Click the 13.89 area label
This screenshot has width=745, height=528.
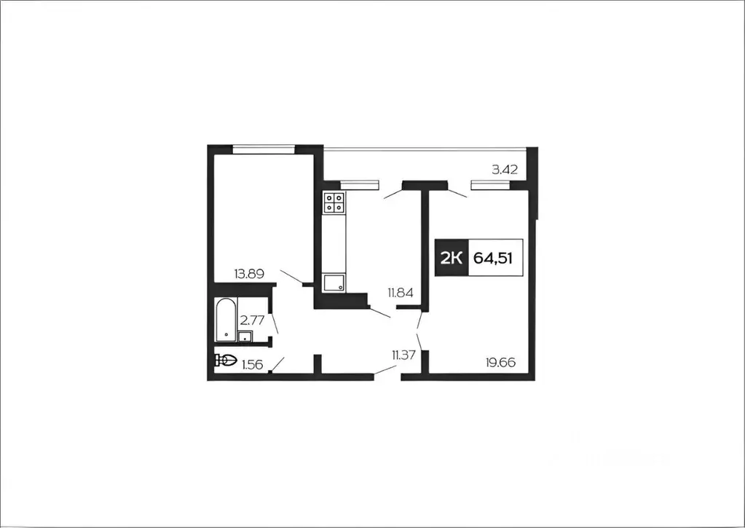tap(250, 274)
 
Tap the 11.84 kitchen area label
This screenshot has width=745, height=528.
tap(400, 293)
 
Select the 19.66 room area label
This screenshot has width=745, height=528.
tap(500, 363)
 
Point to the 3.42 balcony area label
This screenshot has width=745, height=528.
tap(505, 170)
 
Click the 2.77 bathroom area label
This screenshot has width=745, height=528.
tap(252, 320)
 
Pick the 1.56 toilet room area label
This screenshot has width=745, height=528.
tap(252, 365)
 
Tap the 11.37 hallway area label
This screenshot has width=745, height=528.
tap(404, 355)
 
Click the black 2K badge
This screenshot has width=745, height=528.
tap(452, 258)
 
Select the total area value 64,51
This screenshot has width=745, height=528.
tap(493, 259)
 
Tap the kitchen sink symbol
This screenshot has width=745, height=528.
tap(334, 283)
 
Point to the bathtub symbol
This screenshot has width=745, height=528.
tap(226, 320)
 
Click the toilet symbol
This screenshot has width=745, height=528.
tap(226, 360)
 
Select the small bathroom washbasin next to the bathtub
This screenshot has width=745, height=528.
tap(245, 336)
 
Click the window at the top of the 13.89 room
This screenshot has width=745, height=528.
tap(264, 149)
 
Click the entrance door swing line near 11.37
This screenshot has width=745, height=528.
tap(385, 371)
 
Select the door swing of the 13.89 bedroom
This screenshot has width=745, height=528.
tap(292, 277)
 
